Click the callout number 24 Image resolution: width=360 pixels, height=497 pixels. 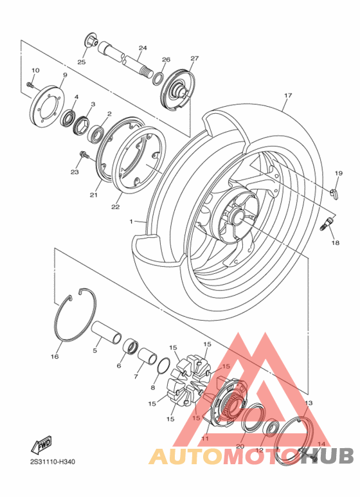pyautogui.click(x=143, y=48)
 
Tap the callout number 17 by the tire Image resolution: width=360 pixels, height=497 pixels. pyautogui.click(x=288, y=96)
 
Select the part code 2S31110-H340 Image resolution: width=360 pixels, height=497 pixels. pyautogui.click(x=57, y=462)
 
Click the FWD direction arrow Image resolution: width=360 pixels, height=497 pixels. pyautogui.click(x=42, y=444)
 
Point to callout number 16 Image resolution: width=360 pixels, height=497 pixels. pyautogui.click(x=55, y=356)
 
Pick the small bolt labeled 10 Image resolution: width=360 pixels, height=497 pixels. pyautogui.click(x=30, y=84)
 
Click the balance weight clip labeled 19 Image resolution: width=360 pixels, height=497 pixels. pyautogui.click(x=334, y=192)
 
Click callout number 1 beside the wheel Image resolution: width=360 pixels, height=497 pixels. pyautogui.click(x=131, y=221)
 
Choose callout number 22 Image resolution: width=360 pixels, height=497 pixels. pyautogui.click(x=116, y=206)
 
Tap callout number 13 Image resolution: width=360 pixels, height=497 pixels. pyautogui.click(x=309, y=402)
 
